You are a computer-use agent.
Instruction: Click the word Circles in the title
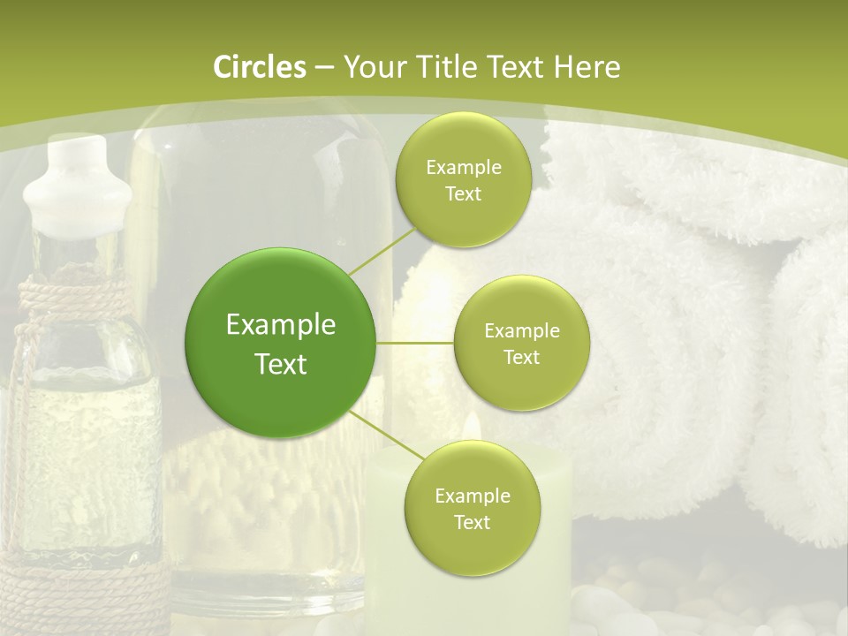pyautogui.click(x=259, y=67)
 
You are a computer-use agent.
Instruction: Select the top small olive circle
pyautogui.click(x=463, y=180)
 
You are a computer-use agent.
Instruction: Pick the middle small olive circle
pyautogui.click(x=521, y=343)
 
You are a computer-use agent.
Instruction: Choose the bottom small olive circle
pyautogui.click(x=472, y=508)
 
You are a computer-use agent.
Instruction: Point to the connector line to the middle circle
pyautogui.click(x=415, y=343)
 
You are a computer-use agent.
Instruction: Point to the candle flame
pyautogui.click(x=472, y=426)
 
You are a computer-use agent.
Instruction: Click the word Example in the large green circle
pyautogui.click(x=281, y=325)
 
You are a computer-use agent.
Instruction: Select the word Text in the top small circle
pyautogui.click(x=463, y=193)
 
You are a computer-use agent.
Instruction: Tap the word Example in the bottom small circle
pyautogui.click(x=472, y=496)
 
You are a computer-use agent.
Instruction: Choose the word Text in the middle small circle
pyautogui.click(x=521, y=357)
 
